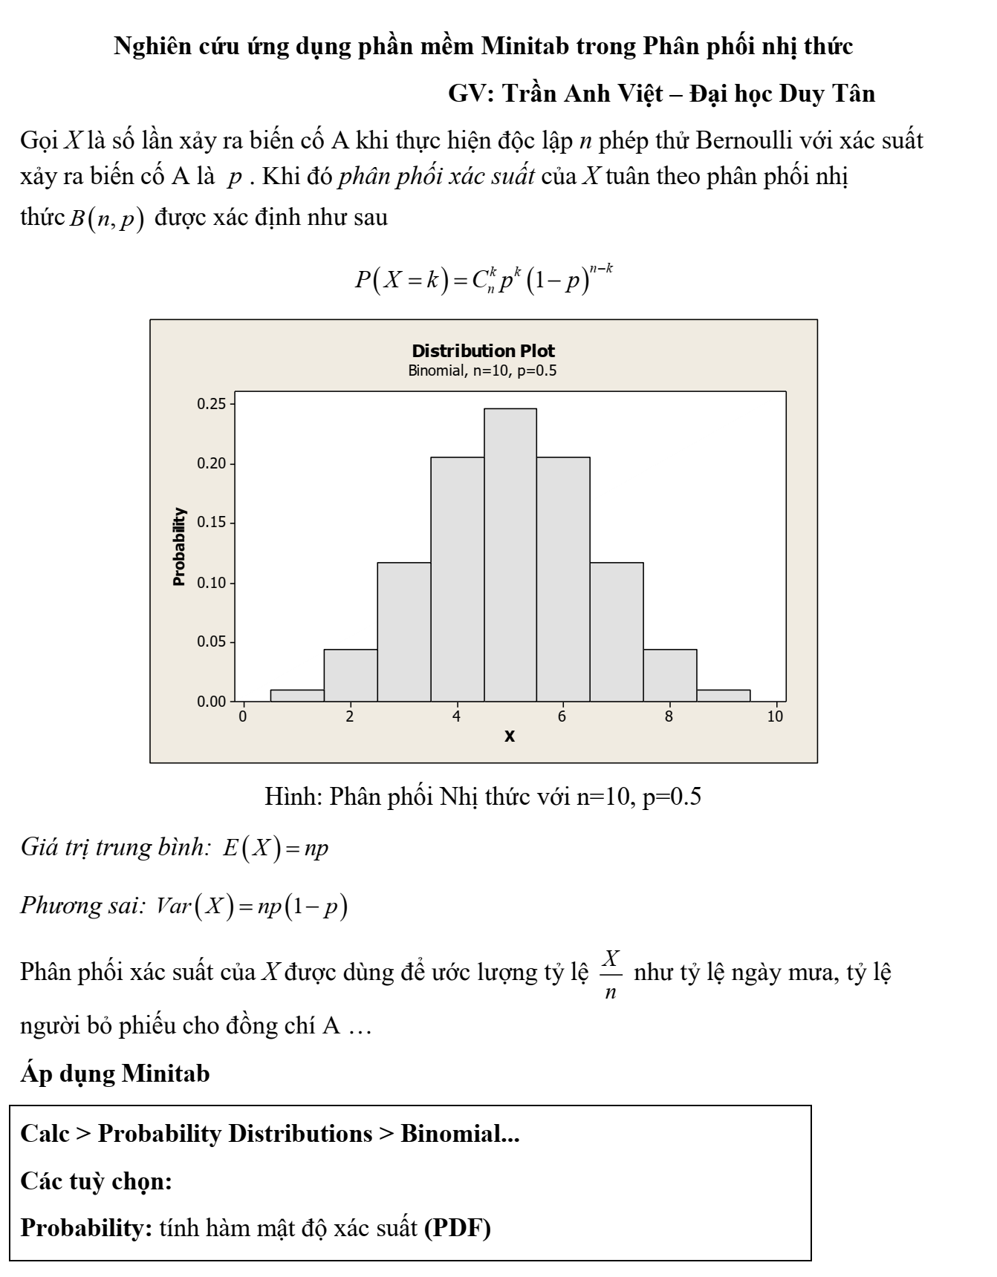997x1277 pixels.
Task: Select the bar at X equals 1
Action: [x=297, y=696]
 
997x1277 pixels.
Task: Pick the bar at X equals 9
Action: [x=724, y=696]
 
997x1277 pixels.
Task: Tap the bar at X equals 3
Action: [x=404, y=632]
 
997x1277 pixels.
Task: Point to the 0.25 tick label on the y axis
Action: [x=210, y=404]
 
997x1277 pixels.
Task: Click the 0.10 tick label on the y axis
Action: [x=210, y=583]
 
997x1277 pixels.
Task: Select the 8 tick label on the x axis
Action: [x=669, y=716]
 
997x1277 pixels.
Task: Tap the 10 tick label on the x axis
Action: [x=775, y=716]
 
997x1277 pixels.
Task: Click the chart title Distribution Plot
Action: [x=483, y=351]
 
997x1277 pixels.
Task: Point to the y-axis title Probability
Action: [x=179, y=547]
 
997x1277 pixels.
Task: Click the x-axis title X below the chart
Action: [x=510, y=737]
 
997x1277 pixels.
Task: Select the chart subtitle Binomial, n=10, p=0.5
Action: [x=482, y=370]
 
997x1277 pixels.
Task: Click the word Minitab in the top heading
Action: [x=527, y=47]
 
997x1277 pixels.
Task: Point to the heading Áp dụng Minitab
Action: [x=115, y=1074]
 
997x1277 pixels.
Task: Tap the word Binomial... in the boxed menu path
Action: [x=460, y=1134]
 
